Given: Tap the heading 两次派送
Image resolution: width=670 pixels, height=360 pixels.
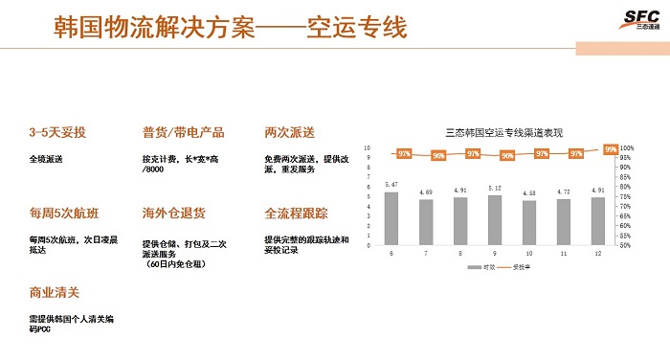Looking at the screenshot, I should click(x=289, y=132).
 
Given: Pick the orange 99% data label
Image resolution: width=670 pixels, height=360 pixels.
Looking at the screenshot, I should click(x=611, y=148).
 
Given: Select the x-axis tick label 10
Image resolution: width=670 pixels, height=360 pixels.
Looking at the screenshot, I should click(x=529, y=254).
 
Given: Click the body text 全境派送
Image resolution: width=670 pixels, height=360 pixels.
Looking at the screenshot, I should click(x=50, y=158).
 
